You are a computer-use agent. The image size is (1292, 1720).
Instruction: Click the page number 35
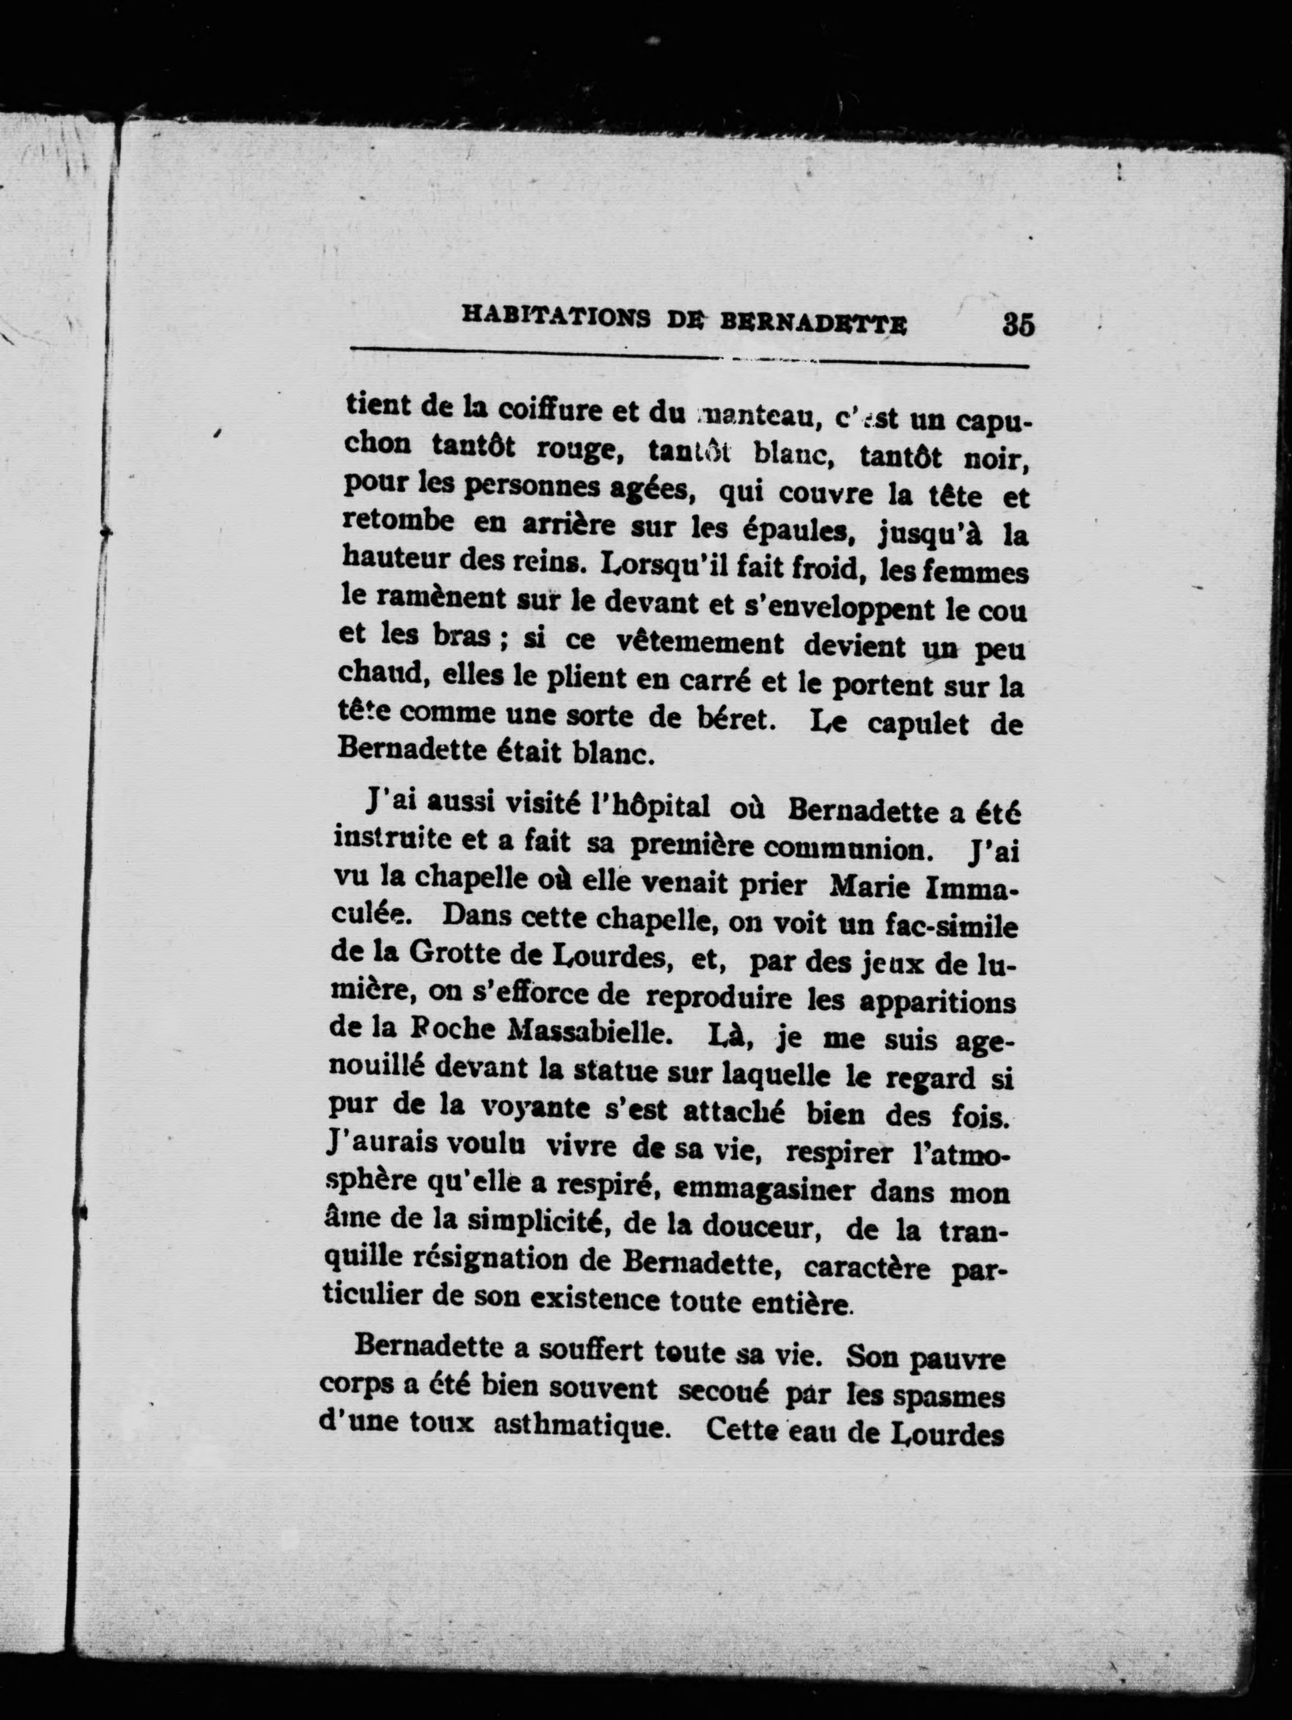click(1017, 323)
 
